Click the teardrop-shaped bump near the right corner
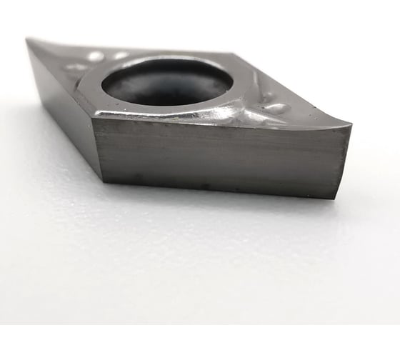click(276, 109)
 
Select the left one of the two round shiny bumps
click(95, 56)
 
